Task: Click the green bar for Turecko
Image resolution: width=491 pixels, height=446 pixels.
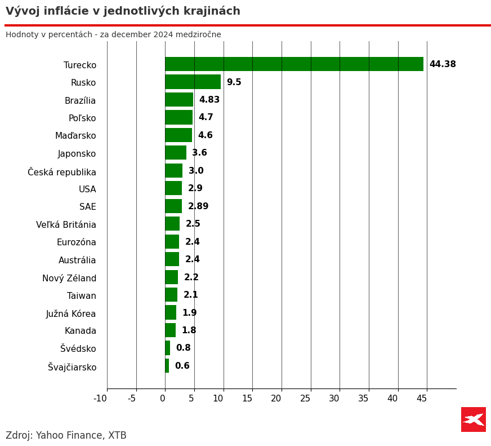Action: (294, 64)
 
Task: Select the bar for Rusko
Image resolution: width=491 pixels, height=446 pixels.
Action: (193, 82)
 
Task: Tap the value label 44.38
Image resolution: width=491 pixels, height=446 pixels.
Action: (443, 64)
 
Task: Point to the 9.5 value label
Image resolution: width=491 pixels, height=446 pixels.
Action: (234, 82)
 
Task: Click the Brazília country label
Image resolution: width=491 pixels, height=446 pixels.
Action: (80, 101)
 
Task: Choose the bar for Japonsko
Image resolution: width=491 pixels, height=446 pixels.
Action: (176, 153)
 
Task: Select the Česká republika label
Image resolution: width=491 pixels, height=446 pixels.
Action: (62, 172)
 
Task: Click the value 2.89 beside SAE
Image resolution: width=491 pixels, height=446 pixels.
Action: (198, 206)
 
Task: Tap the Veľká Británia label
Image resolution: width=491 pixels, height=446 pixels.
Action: (66, 225)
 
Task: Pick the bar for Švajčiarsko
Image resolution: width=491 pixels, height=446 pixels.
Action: (167, 366)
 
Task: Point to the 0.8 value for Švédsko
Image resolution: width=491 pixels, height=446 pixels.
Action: (183, 348)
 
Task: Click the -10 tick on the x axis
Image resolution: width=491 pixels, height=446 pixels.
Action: (100, 399)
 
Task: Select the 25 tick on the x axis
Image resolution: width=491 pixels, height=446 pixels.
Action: (305, 399)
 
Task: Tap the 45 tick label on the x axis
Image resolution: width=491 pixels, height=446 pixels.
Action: (422, 399)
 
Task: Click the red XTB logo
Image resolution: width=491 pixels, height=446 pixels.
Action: (474, 419)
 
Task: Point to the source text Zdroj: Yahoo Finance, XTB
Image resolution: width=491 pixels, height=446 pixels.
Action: (66, 435)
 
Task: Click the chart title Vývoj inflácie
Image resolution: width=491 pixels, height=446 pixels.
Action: (123, 11)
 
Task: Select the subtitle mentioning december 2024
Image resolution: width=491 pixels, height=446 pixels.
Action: (113, 35)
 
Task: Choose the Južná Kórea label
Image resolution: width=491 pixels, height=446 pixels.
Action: (71, 314)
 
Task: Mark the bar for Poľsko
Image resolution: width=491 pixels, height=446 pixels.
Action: (178, 117)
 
